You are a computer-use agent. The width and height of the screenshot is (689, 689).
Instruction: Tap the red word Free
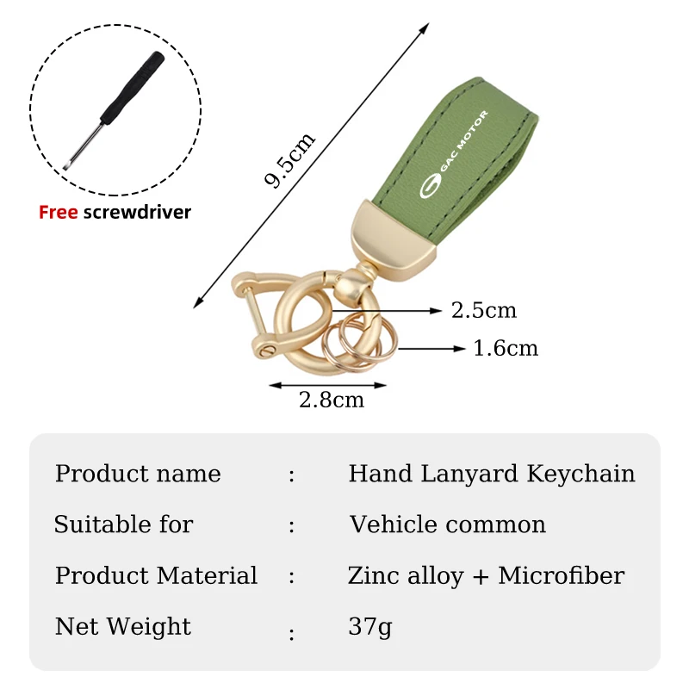pos(58,212)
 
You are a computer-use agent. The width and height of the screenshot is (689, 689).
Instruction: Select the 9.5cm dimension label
pos(289,160)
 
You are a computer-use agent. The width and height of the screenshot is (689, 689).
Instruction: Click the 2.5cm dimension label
pos(484,310)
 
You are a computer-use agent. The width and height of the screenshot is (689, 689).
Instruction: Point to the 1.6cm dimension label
pos(506,348)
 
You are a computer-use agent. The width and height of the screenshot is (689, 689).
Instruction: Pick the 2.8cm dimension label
pos(332,400)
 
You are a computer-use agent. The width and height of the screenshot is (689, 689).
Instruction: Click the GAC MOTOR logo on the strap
pos(453,156)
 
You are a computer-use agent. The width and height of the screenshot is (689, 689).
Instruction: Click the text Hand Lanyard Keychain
pos(492,474)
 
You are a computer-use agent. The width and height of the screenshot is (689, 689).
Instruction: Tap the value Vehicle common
pos(447,525)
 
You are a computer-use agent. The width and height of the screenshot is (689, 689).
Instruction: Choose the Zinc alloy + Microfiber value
pos(486,575)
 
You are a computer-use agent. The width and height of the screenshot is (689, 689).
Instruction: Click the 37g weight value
pos(369,626)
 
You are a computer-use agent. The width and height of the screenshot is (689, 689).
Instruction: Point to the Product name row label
pos(138,474)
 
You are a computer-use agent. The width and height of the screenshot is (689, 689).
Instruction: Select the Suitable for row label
pos(123,525)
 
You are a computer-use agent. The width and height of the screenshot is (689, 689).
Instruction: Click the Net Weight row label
pos(123,626)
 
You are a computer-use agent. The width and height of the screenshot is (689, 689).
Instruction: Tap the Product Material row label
pos(156,575)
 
